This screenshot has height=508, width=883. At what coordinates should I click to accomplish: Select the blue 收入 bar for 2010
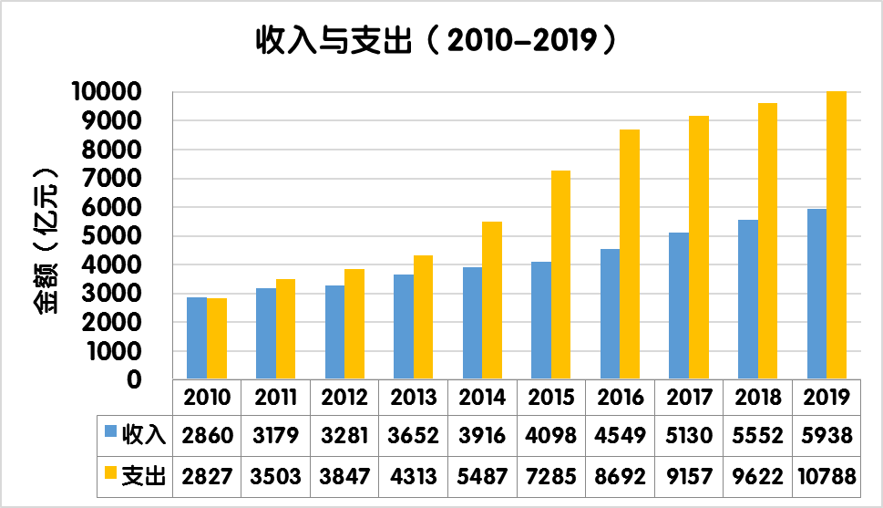point(196,337)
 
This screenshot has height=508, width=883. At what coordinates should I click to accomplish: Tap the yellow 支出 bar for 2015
point(560,275)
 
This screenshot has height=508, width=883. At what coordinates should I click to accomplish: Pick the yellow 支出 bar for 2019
point(837,235)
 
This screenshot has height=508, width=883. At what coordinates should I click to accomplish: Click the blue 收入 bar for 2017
point(679,306)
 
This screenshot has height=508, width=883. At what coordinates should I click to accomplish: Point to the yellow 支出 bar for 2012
point(354,324)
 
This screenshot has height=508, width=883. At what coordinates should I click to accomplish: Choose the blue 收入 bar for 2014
point(472,323)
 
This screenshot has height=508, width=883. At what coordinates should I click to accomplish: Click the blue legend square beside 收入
point(109,432)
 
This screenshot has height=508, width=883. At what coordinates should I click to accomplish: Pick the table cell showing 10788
point(827,475)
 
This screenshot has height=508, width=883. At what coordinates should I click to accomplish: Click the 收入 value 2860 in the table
point(208,435)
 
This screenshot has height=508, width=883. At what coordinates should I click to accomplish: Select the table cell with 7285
point(551,475)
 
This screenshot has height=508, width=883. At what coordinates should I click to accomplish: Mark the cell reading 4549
point(621,435)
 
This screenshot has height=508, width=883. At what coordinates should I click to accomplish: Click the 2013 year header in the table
point(414,398)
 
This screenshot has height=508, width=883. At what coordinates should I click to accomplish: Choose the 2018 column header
point(758,398)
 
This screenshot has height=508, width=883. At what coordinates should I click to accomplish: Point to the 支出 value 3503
point(276,475)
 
